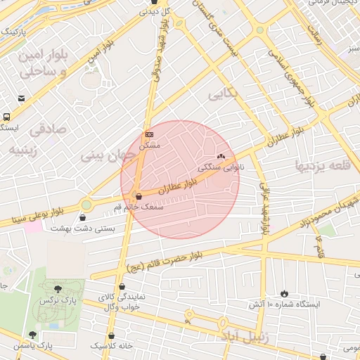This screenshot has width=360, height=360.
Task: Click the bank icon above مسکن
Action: click(x=149, y=134)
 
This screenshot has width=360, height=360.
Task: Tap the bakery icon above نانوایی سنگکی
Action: click(x=221, y=157)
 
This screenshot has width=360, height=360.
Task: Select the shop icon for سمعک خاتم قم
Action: click(x=138, y=196)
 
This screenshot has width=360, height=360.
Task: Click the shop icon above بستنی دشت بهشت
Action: click(x=84, y=217)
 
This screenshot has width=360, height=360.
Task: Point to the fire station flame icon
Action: click(x=284, y=293)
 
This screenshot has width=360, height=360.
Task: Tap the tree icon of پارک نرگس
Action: click(x=57, y=289)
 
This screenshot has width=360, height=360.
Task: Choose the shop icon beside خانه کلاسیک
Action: click(x=112, y=336)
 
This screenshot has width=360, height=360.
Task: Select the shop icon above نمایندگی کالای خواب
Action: click(x=124, y=286)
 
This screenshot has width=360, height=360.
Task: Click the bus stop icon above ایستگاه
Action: click(x=6, y=117)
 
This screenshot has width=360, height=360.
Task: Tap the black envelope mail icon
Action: click(x=22, y=98)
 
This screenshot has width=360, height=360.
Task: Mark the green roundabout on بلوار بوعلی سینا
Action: click(x=86, y=205)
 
